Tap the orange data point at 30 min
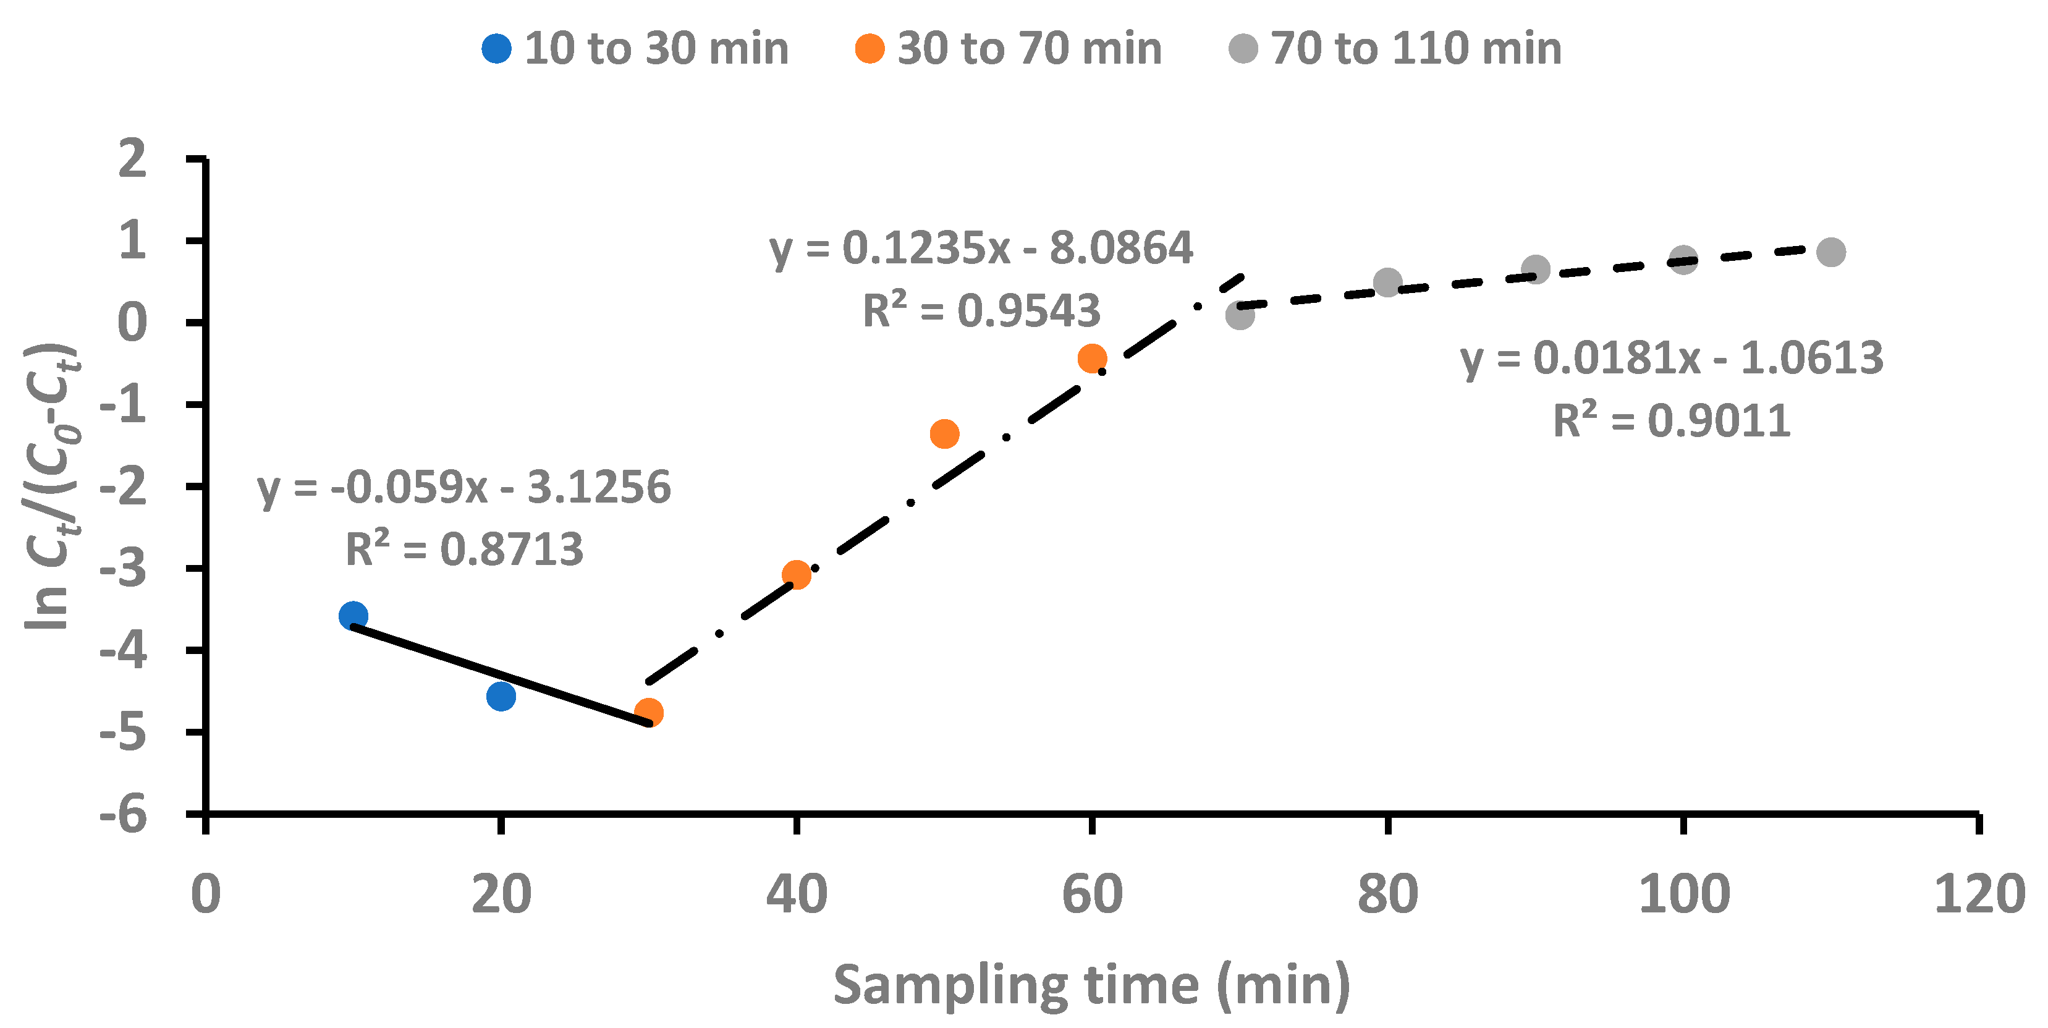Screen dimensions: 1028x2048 pyautogui.click(x=649, y=712)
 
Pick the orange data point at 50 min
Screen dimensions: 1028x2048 pyautogui.click(x=944, y=433)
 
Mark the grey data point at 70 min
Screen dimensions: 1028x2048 pyautogui.click(x=1240, y=316)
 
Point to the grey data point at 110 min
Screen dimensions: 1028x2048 pyautogui.click(x=1831, y=252)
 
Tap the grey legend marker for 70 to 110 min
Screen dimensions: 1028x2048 pyautogui.click(x=1243, y=48)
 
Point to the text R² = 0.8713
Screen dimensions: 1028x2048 pyautogui.click(x=464, y=550)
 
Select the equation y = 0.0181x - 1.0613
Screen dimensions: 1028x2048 pyautogui.click(x=1671, y=359)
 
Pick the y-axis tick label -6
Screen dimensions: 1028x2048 pyautogui.click(x=123, y=817)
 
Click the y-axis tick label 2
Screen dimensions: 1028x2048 pyautogui.click(x=132, y=158)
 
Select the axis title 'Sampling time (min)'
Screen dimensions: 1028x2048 pyautogui.click(x=1091, y=985)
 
